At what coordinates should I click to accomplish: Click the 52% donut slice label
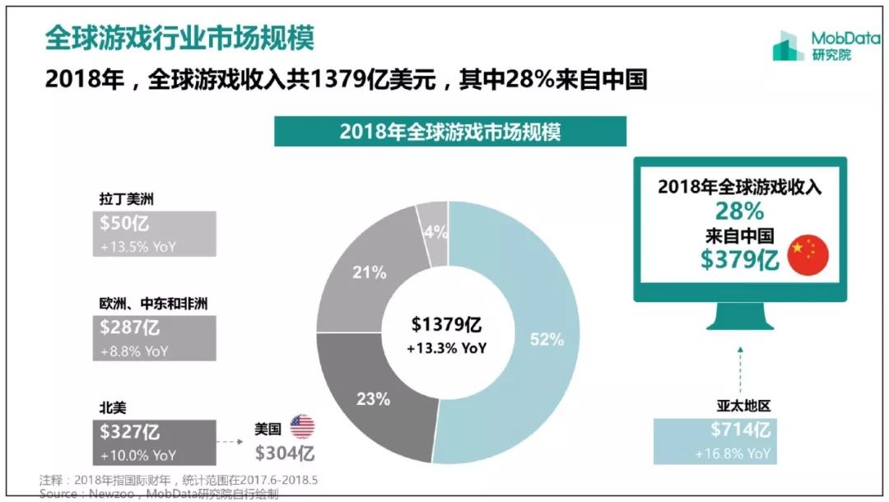547,339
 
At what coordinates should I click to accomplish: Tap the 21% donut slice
370,273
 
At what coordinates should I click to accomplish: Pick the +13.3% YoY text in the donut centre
447,348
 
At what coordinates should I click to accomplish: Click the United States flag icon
302,425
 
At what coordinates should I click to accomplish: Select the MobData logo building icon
788,45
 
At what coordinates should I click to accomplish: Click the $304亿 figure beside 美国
284,453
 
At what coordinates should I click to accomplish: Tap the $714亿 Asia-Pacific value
740,430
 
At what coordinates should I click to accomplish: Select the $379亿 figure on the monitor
739,259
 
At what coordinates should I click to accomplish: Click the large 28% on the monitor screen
739,211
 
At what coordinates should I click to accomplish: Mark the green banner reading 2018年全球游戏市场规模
450,132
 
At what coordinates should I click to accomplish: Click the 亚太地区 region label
745,405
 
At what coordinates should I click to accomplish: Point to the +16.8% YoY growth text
735,453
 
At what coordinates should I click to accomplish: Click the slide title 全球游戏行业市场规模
179,38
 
